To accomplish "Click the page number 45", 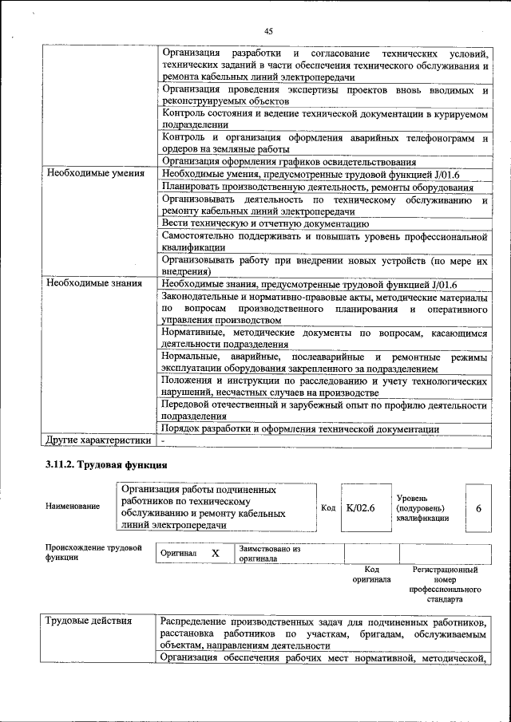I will click(268, 31).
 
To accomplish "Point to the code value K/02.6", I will click(360, 507).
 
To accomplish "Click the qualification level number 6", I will click(477, 507).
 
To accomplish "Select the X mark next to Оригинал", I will click(215, 553).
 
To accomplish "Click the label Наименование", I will click(73, 507).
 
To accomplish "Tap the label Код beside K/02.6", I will click(328, 507).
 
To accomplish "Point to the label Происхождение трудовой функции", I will click(93, 553).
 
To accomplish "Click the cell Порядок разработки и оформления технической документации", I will click(299, 429).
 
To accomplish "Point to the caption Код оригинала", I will click(371, 574).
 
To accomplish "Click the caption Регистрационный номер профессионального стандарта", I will click(445, 583).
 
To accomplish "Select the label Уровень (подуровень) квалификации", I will click(422, 507).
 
